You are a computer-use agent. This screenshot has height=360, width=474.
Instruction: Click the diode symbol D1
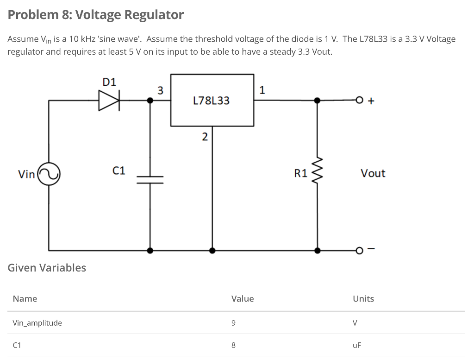tap(109, 100)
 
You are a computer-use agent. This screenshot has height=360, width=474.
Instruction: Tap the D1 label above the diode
tap(109, 82)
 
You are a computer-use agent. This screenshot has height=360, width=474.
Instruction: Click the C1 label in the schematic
tap(119, 171)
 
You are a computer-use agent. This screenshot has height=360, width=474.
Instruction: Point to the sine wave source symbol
tap(49, 174)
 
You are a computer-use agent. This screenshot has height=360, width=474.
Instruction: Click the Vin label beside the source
tap(26, 174)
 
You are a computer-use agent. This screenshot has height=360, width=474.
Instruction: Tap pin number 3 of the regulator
tap(160, 90)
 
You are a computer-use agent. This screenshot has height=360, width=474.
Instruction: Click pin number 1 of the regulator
tap(262, 90)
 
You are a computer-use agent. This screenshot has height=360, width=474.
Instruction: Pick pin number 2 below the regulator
tap(204, 137)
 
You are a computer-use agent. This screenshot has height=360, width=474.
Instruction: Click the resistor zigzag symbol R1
tap(317, 173)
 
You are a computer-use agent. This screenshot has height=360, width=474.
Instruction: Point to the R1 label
tap(300, 174)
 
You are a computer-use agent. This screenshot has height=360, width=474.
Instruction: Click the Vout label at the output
tap(373, 173)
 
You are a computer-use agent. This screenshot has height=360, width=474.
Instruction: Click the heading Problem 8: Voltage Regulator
tap(96, 15)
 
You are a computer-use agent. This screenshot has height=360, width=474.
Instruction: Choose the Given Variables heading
tap(47, 267)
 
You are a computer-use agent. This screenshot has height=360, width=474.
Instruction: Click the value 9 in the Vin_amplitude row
tap(233, 323)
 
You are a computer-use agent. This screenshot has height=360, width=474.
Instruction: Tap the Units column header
tap(363, 298)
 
